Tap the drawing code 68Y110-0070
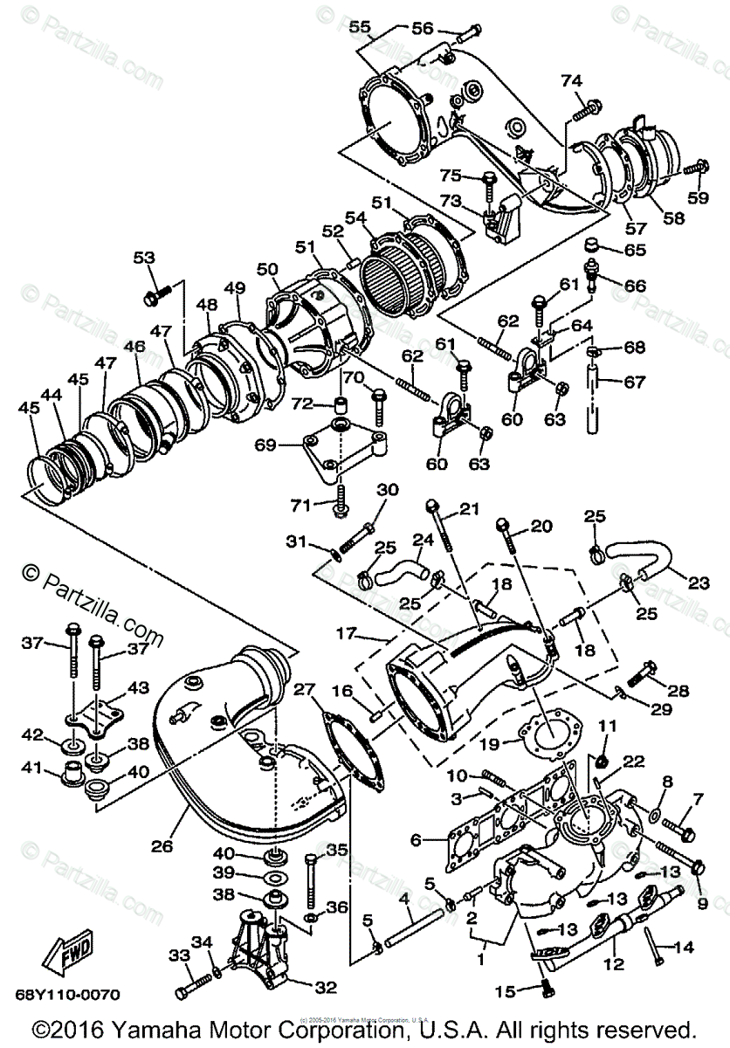coord(67,994)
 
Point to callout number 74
coord(571,81)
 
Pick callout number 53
coord(143,258)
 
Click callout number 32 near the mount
coord(325,987)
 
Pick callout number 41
coord(32,769)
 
